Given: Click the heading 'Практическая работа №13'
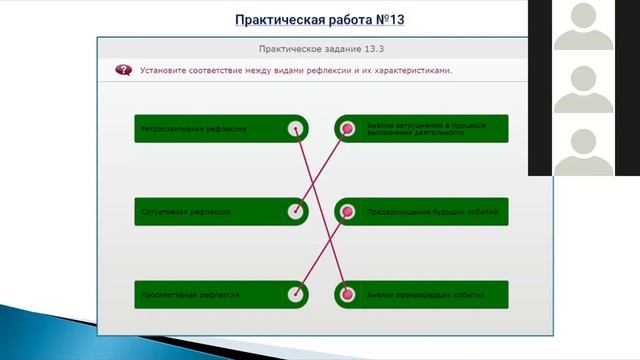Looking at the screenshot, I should point(313,19).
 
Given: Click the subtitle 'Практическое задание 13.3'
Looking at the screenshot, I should point(311,49).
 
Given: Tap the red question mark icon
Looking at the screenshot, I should point(123,71).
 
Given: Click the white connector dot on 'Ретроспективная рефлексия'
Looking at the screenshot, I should point(295,129).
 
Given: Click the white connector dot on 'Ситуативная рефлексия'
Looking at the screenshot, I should point(295,212).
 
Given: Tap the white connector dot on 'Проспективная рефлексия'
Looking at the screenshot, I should point(295,295).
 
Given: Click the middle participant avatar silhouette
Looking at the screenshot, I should point(584,88).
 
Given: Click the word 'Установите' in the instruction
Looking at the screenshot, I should point(162,71).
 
